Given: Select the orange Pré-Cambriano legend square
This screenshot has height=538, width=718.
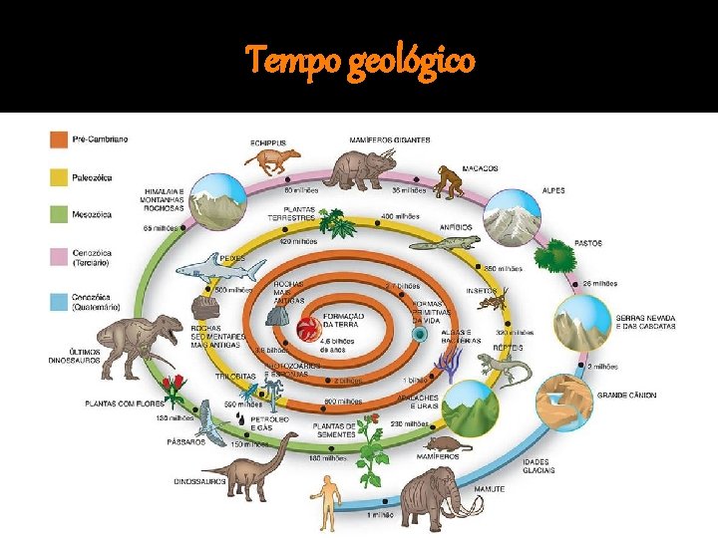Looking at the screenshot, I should (x=59, y=138).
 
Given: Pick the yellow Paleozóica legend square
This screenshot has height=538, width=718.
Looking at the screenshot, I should (x=59, y=175).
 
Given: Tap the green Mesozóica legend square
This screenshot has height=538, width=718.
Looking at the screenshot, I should (x=59, y=213).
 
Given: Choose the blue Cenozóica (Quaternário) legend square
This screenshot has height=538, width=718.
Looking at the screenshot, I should (x=59, y=301).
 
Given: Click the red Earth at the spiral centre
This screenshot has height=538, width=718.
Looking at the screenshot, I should (x=308, y=325).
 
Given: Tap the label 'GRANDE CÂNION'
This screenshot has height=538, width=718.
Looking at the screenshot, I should (x=626, y=395).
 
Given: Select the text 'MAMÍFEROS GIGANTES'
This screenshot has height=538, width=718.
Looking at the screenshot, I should (x=390, y=138).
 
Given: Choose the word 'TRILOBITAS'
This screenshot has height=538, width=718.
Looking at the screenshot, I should (x=237, y=377).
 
